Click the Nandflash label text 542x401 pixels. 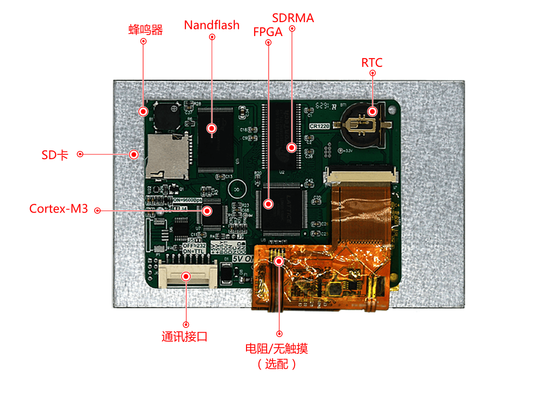click(x=211, y=25)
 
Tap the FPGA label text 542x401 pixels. click(x=268, y=32)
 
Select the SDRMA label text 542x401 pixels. click(x=293, y=18)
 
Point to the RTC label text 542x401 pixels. click(x=372, y=63)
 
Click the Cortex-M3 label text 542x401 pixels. click(x=59, y=209)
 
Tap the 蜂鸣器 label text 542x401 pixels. click(x=146, y=30)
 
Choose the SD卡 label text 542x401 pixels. click(x=55, y=155)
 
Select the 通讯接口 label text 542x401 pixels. click(x=185, y=337)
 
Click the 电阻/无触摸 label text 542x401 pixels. click(x=276, y=348)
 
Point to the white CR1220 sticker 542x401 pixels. click(x=320, y=126)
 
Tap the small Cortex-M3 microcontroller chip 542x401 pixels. click(x=212, y=213)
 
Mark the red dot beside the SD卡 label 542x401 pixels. click(x=80, y=154)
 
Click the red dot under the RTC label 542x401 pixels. click(x=372, y=73)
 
